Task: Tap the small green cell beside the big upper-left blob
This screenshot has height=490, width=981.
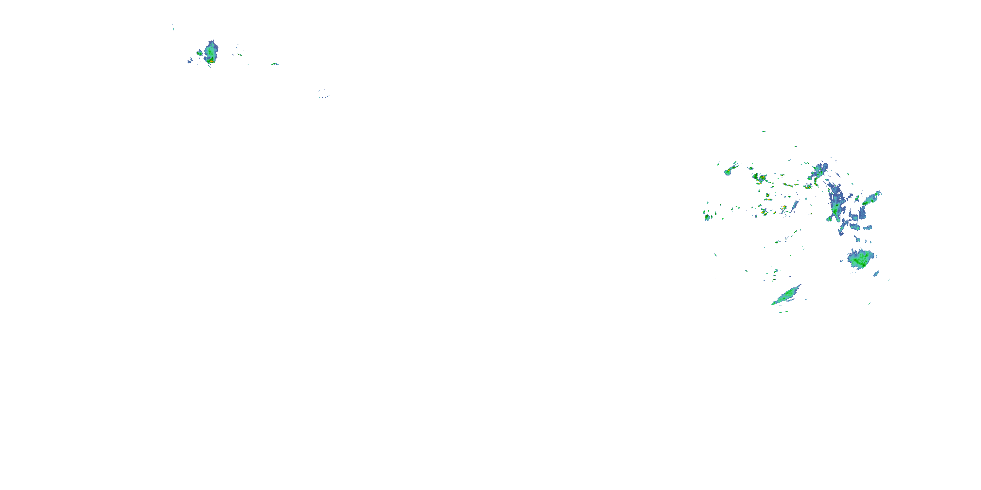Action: [199, 53]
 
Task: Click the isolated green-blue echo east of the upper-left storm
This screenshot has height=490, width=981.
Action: [275, 64]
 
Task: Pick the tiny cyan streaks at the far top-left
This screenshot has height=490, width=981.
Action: [173, 26]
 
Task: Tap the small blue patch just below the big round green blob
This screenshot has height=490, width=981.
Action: [876, 273]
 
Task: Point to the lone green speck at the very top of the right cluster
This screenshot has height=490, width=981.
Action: [763, 132]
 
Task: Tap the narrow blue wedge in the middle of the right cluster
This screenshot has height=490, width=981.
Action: [795, 205]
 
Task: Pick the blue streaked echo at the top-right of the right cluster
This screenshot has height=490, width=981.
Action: [819, 171]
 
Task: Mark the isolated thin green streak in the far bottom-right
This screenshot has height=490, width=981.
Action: [869, 303]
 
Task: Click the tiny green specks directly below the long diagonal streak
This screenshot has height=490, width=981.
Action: [780, 312]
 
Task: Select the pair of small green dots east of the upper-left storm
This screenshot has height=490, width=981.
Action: [239, 55]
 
